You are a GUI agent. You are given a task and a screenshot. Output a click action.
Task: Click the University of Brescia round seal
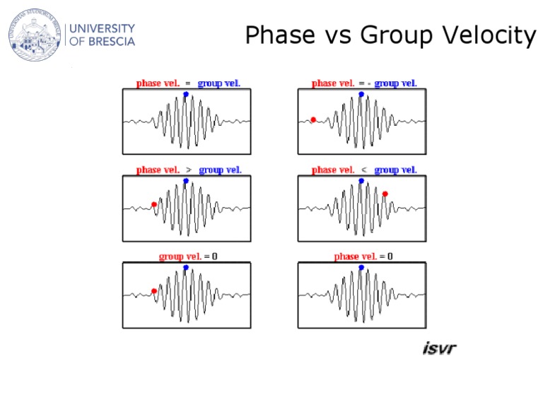tap(35, 35)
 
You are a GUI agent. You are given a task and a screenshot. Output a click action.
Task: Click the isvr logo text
tap(439, 348)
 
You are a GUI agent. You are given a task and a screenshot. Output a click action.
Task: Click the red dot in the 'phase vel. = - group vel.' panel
tap(313, 119)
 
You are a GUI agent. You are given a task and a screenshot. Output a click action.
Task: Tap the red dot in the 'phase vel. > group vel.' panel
tap(154, 205)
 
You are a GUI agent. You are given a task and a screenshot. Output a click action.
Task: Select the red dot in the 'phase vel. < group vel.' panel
tap(385, 194)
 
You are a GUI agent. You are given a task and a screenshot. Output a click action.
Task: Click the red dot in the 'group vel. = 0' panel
tap(154, 290)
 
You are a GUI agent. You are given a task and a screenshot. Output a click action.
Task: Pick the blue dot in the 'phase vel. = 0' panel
tap(361, 268)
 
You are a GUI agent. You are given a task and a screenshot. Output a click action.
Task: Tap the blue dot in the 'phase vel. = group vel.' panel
tap(186, 94)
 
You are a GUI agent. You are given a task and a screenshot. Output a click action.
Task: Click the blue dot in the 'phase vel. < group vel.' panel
tap(361, 181)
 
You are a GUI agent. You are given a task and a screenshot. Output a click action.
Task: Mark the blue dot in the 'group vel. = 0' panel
tap(186, 268)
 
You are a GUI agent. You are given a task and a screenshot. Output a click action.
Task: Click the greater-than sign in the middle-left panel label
tap(189, 170)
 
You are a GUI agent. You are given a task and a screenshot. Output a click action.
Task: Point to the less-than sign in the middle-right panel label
tap(364, 170)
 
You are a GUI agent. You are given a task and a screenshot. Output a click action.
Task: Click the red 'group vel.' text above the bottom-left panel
tap(180, 256)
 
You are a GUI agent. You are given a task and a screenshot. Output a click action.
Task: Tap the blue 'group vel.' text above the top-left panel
tap(219, 83)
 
